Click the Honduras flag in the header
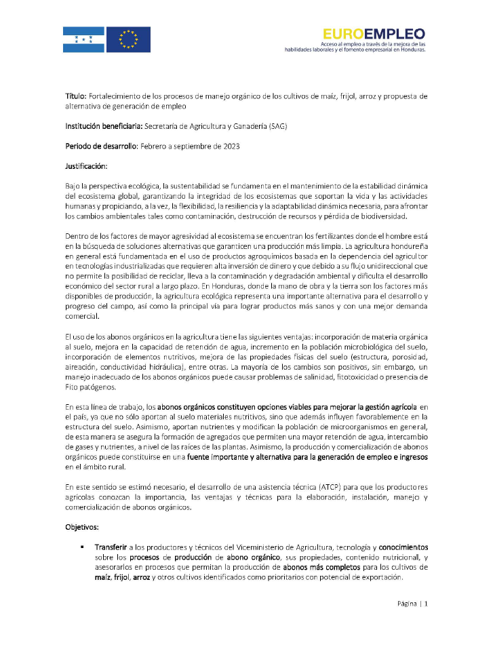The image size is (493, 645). tap(83, 39)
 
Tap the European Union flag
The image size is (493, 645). tap(129, 39)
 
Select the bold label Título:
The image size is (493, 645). tap(76, 97)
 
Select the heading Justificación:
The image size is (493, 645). tap(87, 165)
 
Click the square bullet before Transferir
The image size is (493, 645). tap(82, 547)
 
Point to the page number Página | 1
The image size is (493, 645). tap(412, 604)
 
